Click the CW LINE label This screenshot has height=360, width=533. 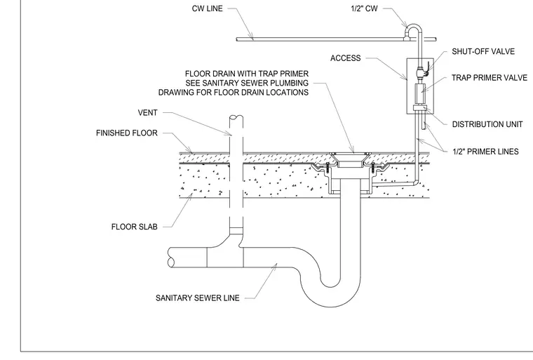pos(207,8)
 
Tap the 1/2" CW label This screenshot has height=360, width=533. pos(364,8)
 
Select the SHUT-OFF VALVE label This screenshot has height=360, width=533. pos(483,51)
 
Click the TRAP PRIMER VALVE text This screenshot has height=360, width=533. pos(489,78)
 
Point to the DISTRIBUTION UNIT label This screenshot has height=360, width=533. pos(487,124)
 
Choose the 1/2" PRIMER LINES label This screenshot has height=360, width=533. pos(485,152)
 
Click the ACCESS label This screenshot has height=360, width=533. pos(345,58)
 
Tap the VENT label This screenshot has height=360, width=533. pos(147,112)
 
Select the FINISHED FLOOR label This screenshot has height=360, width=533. pos(127,133)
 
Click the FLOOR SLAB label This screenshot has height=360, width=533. pos(134,227)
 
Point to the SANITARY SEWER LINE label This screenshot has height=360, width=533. pos(198,298)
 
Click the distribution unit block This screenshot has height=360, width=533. pos(420,108)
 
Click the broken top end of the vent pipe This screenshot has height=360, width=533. pos(236,118)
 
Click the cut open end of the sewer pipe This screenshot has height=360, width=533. pos(171,258)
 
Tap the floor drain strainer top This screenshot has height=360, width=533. pos(351,154)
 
